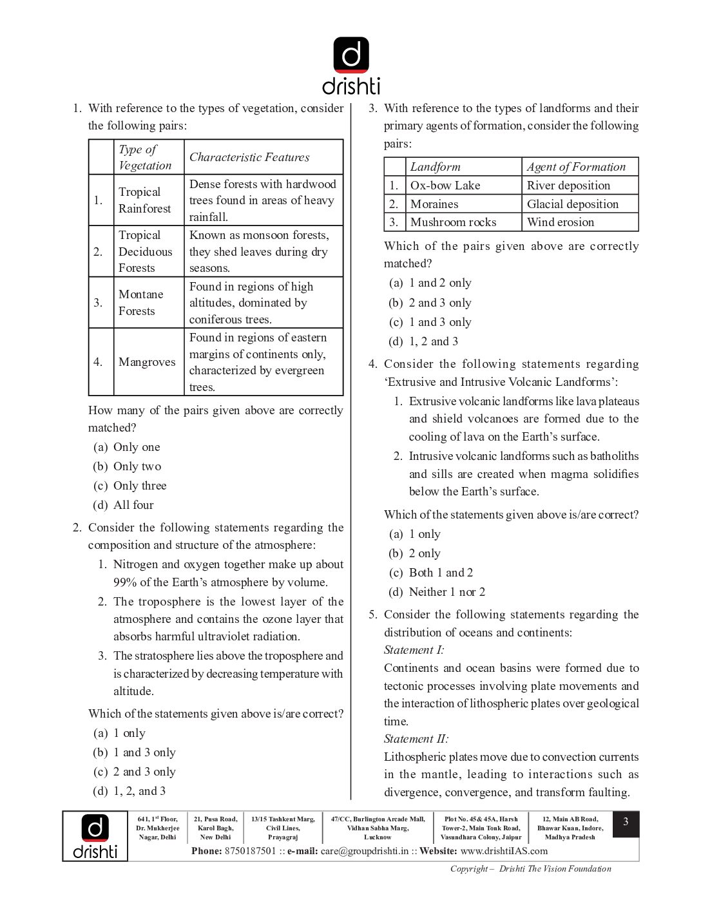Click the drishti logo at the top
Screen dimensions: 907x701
[x=351, y=66]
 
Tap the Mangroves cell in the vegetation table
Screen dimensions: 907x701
[x=147, y=362]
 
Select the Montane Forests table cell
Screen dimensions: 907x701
[x=140, y=302]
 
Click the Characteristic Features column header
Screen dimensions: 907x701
[x=249, y=157]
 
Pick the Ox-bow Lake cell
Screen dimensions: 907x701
[x=445, y=186]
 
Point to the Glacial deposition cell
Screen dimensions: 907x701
[x=572, y=204]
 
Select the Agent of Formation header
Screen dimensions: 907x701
[x=576, y=167]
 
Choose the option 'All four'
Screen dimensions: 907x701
[x=133, y=505]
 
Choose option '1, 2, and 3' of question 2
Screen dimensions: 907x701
[x=139, y=791]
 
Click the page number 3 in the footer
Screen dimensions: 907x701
[x=625, y=823]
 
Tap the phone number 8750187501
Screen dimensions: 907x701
[x=250, y=851]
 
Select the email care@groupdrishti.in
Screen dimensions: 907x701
[x=364, y=851]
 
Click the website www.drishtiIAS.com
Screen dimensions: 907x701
[x=504, y=851]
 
